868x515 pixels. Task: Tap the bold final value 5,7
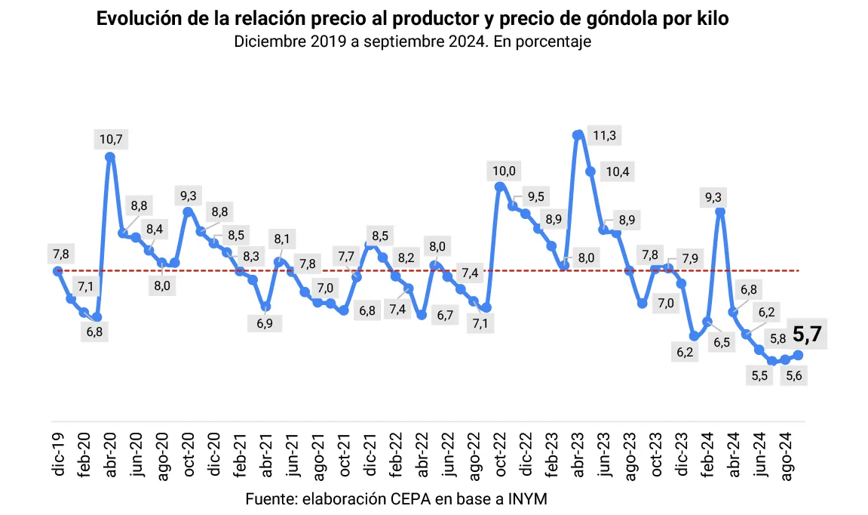808,334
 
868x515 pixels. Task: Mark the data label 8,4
155,230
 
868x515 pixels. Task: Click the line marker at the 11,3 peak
578,136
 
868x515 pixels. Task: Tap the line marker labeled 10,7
110,157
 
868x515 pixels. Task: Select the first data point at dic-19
57,271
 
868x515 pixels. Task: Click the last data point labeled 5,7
798,355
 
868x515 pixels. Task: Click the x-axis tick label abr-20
111,453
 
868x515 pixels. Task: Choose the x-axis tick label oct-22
499,453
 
